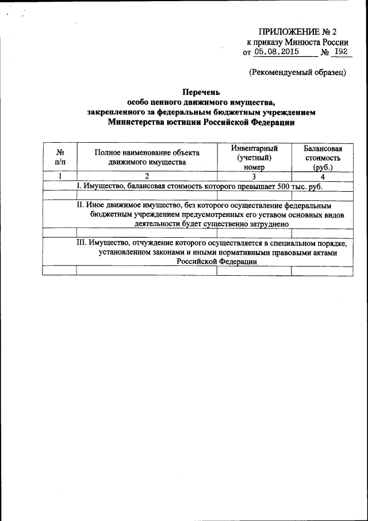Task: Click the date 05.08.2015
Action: click(x=274, y=52)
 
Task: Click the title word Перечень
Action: click(x=201, y=91)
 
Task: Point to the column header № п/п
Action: click(x=60, y=157)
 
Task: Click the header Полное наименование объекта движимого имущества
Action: click(x=147, y=157)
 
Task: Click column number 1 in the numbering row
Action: click(x=60, y=177)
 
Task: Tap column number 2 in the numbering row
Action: click(x=147, y=177)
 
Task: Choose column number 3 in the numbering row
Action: click(x=254, y=177)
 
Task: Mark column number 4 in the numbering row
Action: click(x=323, y=177)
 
